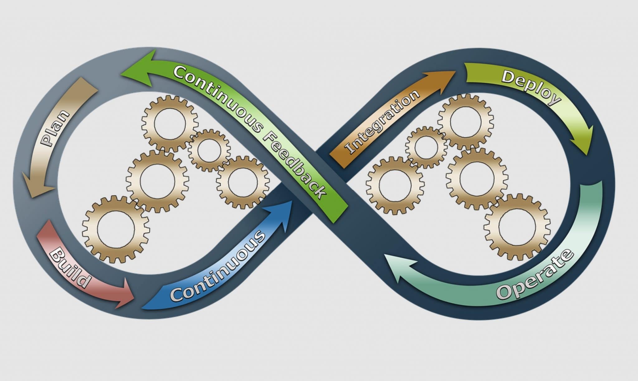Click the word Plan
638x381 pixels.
pyautogui.click(x=56, y=128)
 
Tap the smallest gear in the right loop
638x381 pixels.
pyautogui.click(x=426, y=147)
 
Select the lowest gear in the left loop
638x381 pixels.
pyautogui.click(x=116, y=229)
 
